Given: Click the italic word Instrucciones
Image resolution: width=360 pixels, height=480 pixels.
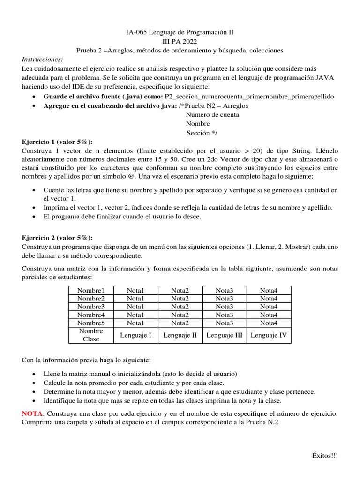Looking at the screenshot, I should point(42,60).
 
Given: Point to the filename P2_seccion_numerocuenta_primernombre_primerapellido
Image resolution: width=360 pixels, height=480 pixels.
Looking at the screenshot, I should point(249,96).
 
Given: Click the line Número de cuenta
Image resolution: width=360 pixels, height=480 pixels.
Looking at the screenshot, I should point(212,114).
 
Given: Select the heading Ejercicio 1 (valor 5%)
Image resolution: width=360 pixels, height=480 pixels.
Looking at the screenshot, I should point(57,142).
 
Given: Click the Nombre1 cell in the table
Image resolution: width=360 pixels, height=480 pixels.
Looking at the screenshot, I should point(91,290).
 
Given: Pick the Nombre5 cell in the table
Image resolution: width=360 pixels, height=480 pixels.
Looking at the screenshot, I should point(91,323).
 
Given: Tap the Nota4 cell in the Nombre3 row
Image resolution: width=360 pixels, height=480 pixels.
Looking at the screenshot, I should point(269,307).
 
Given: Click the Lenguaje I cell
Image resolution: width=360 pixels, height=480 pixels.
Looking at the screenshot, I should point(135,335).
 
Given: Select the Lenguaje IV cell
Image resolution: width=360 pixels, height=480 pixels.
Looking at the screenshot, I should point(269,335).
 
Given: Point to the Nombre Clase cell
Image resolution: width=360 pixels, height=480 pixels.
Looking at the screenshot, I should point(91,335).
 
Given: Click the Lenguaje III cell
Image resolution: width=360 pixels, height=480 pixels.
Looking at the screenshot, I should point(224,335).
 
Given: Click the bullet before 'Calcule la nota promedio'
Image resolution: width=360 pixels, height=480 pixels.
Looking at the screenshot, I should point(36,382).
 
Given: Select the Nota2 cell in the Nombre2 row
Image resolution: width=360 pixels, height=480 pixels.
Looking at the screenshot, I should point(180,299).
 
